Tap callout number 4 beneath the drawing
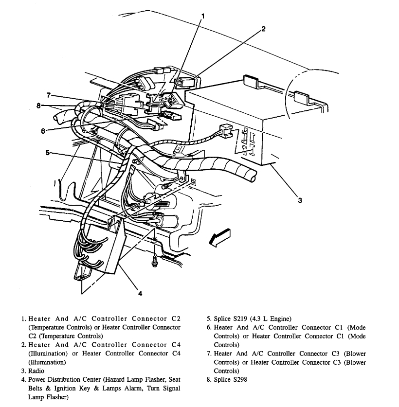tap(140, 293)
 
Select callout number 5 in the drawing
tap(48, 152)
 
